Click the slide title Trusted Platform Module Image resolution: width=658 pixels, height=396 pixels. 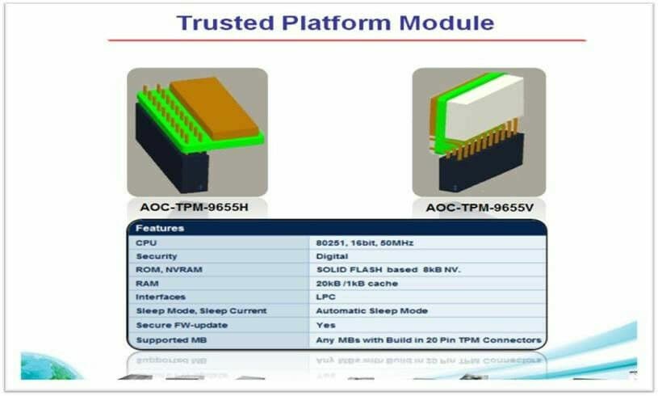(x=335, y=22)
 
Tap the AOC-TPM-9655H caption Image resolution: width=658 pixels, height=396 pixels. (x=187, y=207)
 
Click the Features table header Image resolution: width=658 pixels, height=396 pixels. (x=160, y=228)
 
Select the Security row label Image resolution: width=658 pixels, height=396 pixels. (x=156, y=256)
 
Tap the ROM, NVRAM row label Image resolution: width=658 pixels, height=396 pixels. (x=165, y=270)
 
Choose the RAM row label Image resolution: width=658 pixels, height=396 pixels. (x=146, y=284)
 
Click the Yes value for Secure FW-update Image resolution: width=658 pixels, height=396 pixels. (x=325, y=325)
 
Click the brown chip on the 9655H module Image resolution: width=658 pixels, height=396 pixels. (x=214, y=105)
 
